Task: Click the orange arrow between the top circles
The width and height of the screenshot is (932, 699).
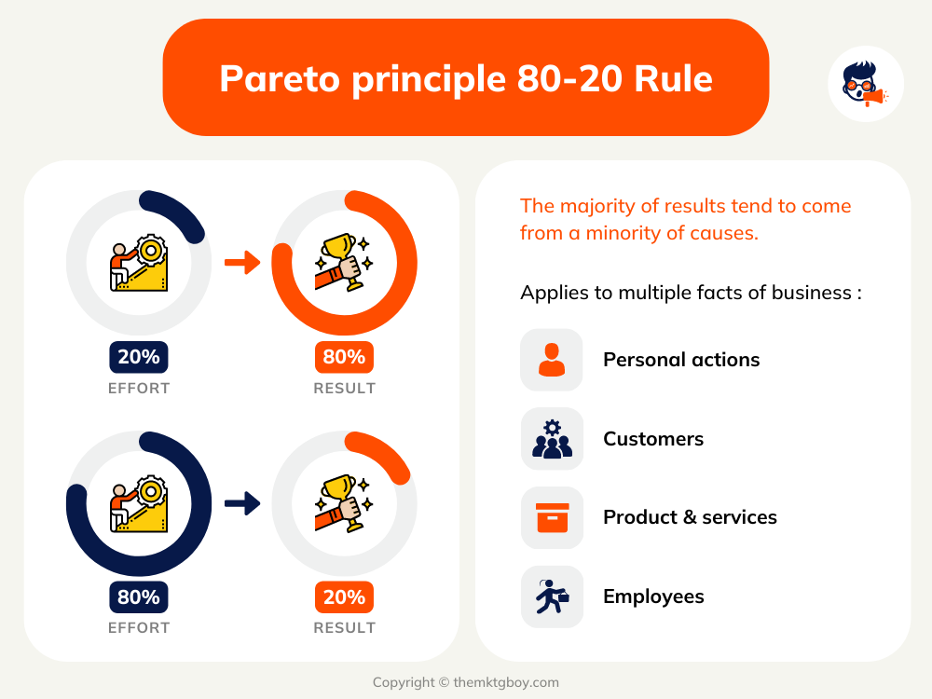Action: coord(242,262)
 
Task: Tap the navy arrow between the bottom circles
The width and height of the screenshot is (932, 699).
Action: coord(242,503)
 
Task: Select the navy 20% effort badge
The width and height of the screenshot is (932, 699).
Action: coord(139,357)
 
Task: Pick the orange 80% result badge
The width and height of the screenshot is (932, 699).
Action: coord(344,357)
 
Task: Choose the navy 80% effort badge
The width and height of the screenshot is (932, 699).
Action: coord(139,596)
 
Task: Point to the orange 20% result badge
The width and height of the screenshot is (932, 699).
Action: coord(344,596)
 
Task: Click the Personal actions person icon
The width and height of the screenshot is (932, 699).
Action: coord(552,360)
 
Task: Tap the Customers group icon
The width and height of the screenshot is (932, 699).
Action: coord(552,439)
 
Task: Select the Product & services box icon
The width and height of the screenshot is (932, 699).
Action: coord(552,517)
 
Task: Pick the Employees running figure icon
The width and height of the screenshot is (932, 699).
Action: coord(552,596)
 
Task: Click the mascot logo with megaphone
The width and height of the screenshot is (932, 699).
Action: coord(866,84)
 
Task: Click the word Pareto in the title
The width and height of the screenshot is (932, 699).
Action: coord(280,78)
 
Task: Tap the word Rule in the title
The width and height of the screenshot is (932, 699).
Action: coord(673,78)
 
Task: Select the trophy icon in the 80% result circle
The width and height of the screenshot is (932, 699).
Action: coord(344,262)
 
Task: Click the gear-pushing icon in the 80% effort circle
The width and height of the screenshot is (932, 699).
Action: coord(139,503)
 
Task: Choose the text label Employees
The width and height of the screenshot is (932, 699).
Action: coord(653,596)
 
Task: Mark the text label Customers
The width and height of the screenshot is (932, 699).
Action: coord(653,439)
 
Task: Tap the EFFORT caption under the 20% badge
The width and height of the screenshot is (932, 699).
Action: coord(139,388)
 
